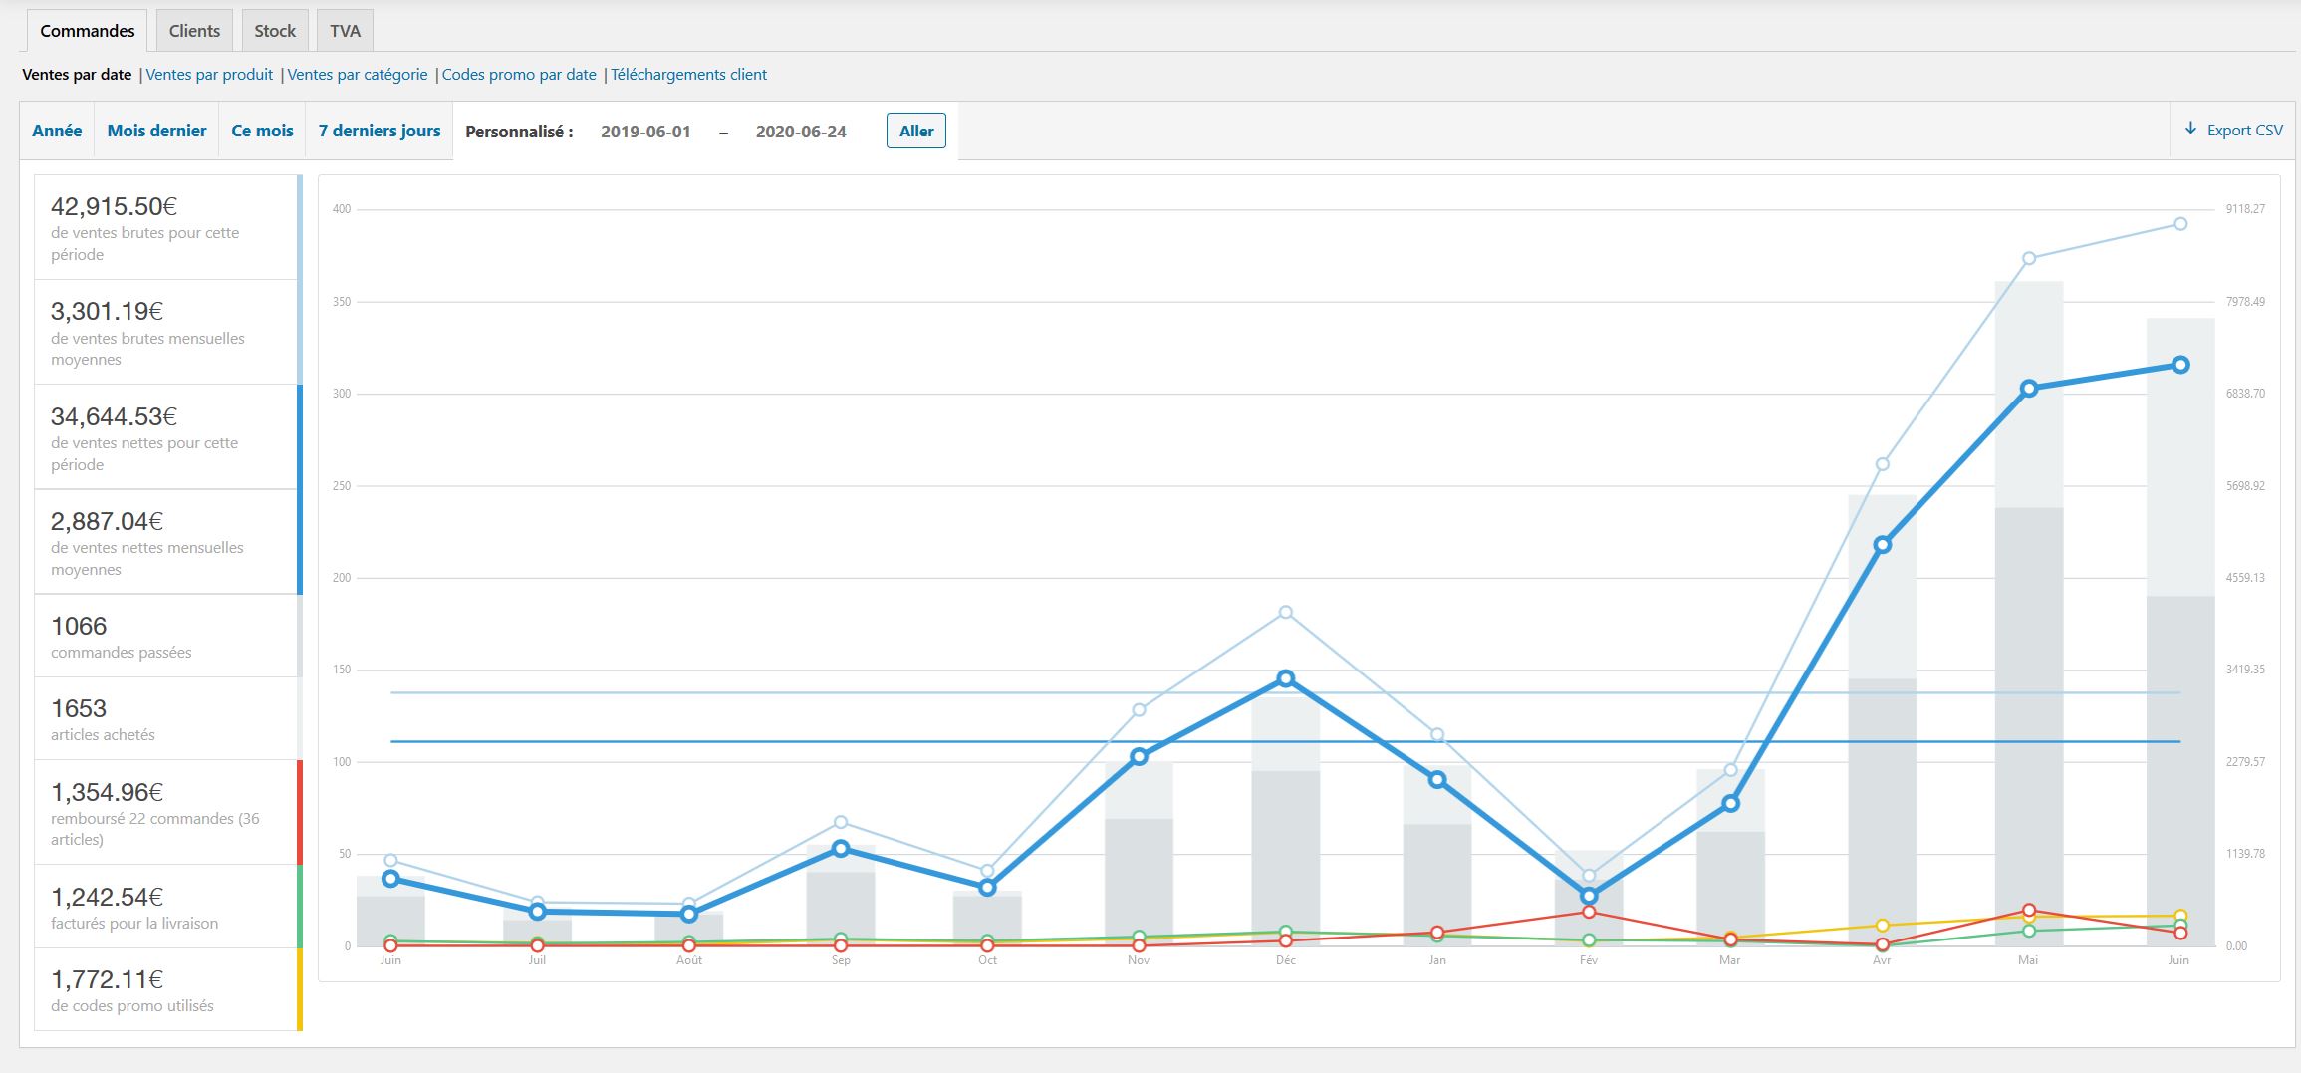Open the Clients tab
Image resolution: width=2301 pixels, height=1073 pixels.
(194, 31)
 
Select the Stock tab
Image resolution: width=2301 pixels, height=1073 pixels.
(275, 31)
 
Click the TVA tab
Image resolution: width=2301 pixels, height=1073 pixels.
(345, 31)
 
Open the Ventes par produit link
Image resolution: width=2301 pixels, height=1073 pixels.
(209, 75)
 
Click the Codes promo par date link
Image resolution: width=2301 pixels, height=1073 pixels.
(519, 75)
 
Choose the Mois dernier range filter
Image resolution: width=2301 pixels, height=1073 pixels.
(156, 131)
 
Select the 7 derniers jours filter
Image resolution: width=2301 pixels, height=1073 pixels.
(379, 131)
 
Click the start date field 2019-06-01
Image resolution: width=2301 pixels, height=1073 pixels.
(645, 132)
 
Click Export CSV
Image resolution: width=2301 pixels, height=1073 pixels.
(2234, 131)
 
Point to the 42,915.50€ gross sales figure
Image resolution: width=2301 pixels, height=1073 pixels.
(114, 206)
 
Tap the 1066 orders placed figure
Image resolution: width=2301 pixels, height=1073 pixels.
(79, 626)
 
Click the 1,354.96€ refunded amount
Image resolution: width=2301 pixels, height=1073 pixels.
(107, 792)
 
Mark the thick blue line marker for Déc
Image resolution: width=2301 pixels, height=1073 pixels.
(1285, 678)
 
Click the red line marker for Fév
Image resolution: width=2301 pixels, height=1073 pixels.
(1589, 912)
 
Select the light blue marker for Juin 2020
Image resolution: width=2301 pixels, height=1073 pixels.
(2180, 224)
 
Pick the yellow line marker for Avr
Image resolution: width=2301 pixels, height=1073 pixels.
(1882, 926)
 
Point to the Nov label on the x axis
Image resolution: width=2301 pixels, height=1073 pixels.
(1139, 960)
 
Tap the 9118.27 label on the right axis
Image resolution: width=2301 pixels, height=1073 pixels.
(2245, 209)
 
